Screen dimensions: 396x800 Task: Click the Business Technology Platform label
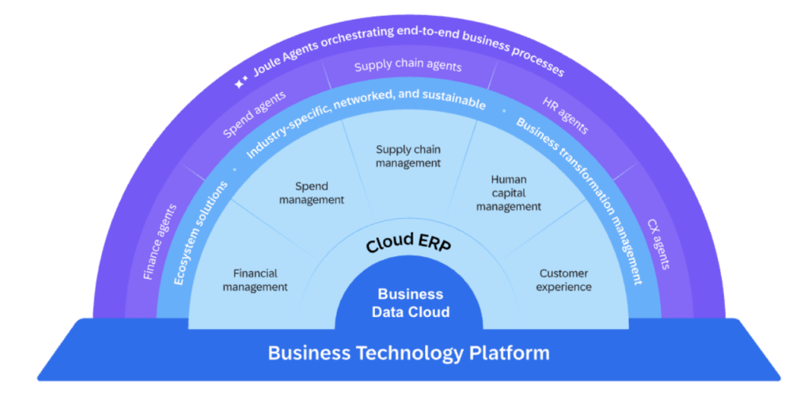point(408,353)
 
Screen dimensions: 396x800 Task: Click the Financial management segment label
point(255,280)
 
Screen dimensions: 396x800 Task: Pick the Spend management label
point(319,193)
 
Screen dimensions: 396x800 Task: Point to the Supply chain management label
point(408,156)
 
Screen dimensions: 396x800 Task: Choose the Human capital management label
point(509,193)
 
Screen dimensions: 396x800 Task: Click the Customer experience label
point(564,280)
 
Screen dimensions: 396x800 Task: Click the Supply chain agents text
point(408,66)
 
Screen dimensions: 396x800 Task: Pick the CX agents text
point(658,244)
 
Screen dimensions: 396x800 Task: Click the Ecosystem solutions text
point(202,233)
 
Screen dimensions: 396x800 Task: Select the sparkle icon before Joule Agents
point(242,79)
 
